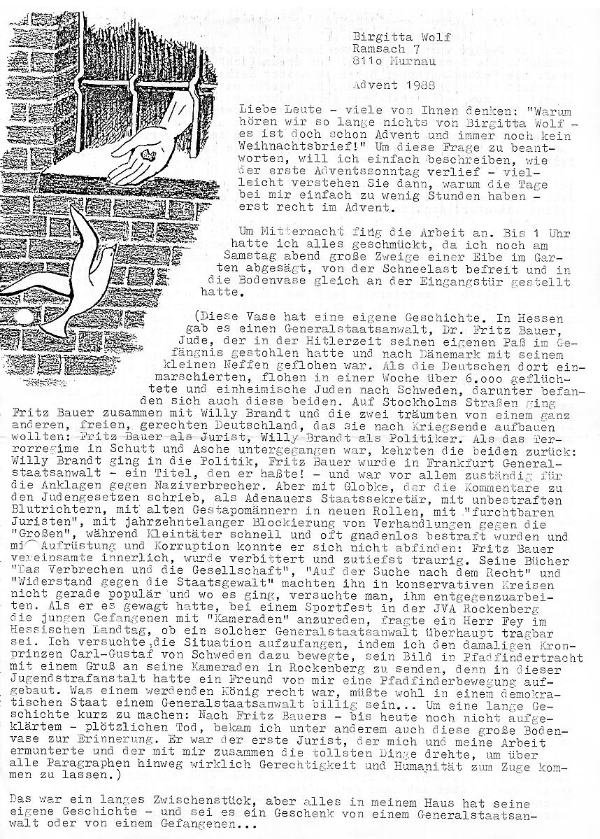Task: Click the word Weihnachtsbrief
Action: point(288,148)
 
